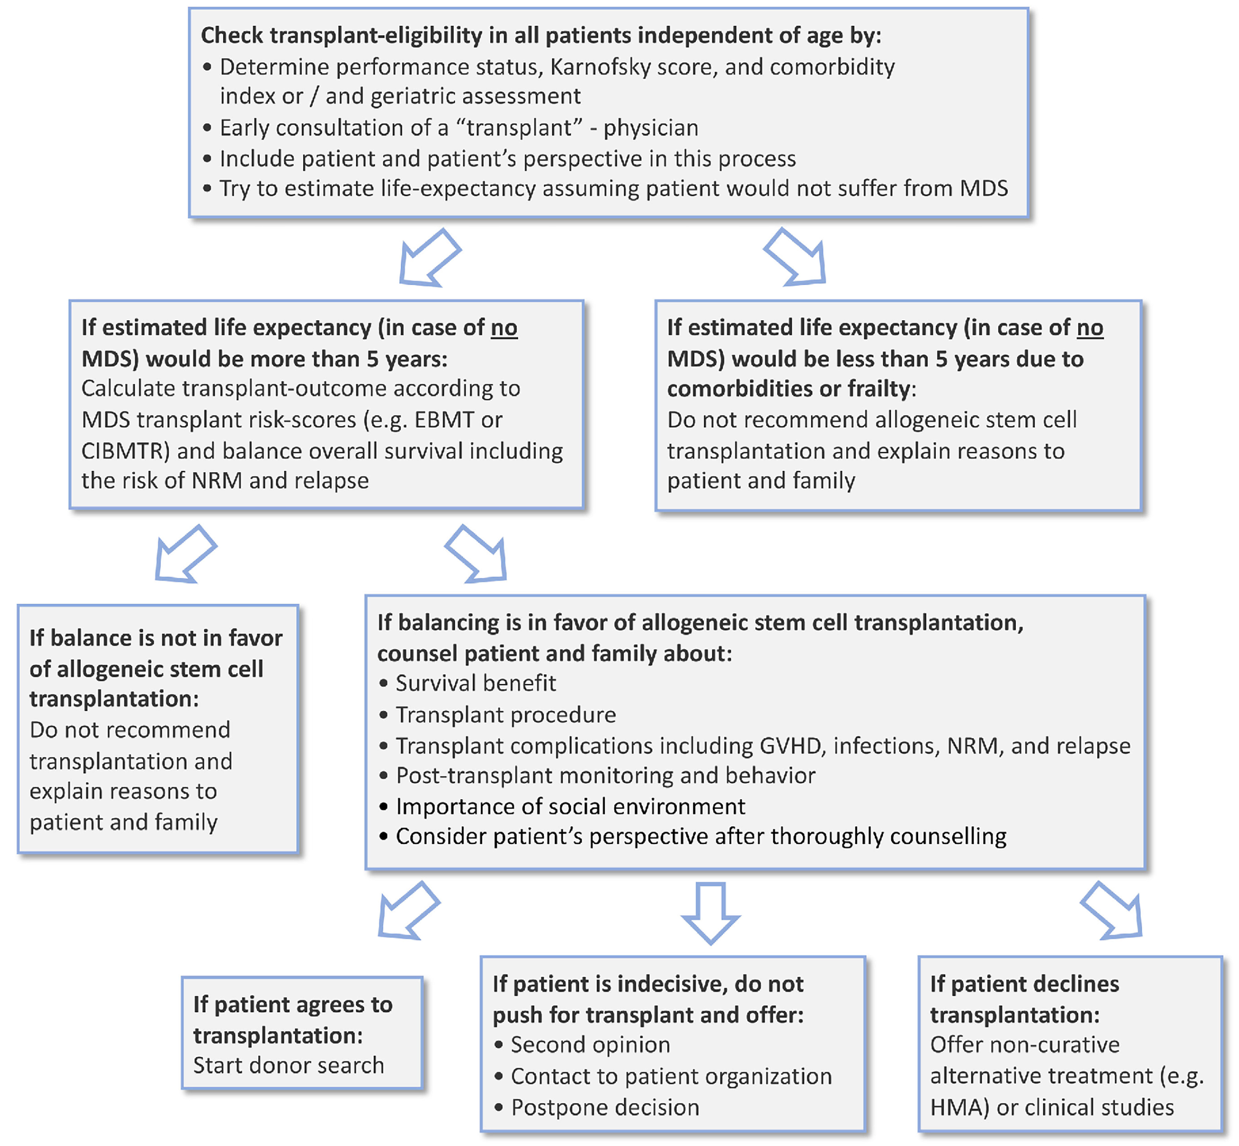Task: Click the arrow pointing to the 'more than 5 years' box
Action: tap(429, 258)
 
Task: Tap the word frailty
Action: tap(879, 389)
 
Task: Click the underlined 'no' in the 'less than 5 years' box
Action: tap(1089, 327)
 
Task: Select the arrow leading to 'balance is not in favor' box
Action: tap(184, 554)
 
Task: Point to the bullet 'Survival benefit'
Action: tap(475, 683)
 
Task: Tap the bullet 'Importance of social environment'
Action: tap(570, 806)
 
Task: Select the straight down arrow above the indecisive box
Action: tap(710, 912)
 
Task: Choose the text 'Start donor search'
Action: tap(288, 1065)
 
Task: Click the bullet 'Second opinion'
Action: tap(590, 1045)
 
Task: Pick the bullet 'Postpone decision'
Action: tap(604, 1107)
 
